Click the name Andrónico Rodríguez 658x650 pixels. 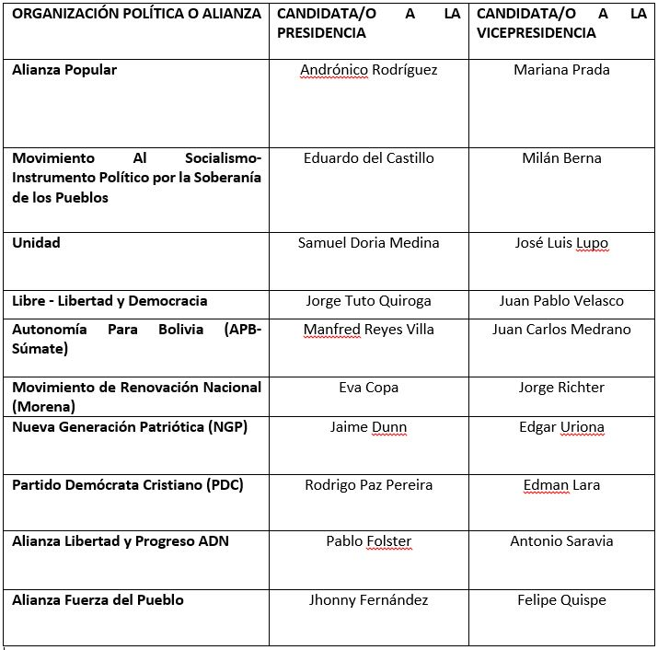[368, 70]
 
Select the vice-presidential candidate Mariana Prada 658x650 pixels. [561, 70]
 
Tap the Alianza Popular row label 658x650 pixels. [64, 70]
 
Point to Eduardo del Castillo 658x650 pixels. [368, 158]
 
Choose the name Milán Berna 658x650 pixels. [561, 158]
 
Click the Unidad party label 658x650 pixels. [36, 243]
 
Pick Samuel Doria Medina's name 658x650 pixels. [368, 243]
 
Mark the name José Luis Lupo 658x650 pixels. [561, 243]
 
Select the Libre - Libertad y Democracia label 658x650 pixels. [110, 301]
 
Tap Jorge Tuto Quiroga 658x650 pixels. [368, 301]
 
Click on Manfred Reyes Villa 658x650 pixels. [368, 330]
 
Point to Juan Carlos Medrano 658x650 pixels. [561, 330]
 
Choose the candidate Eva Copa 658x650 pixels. [368, 388]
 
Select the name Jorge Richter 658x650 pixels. [561, 388]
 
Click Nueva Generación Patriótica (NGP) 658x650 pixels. [130, 427]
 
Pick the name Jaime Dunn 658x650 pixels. [368, 427]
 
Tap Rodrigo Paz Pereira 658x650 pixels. [368, 485]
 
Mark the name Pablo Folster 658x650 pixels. [368, 541]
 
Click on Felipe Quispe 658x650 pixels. [561, 600]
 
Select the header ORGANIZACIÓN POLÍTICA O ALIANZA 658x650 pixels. [136, 15]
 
